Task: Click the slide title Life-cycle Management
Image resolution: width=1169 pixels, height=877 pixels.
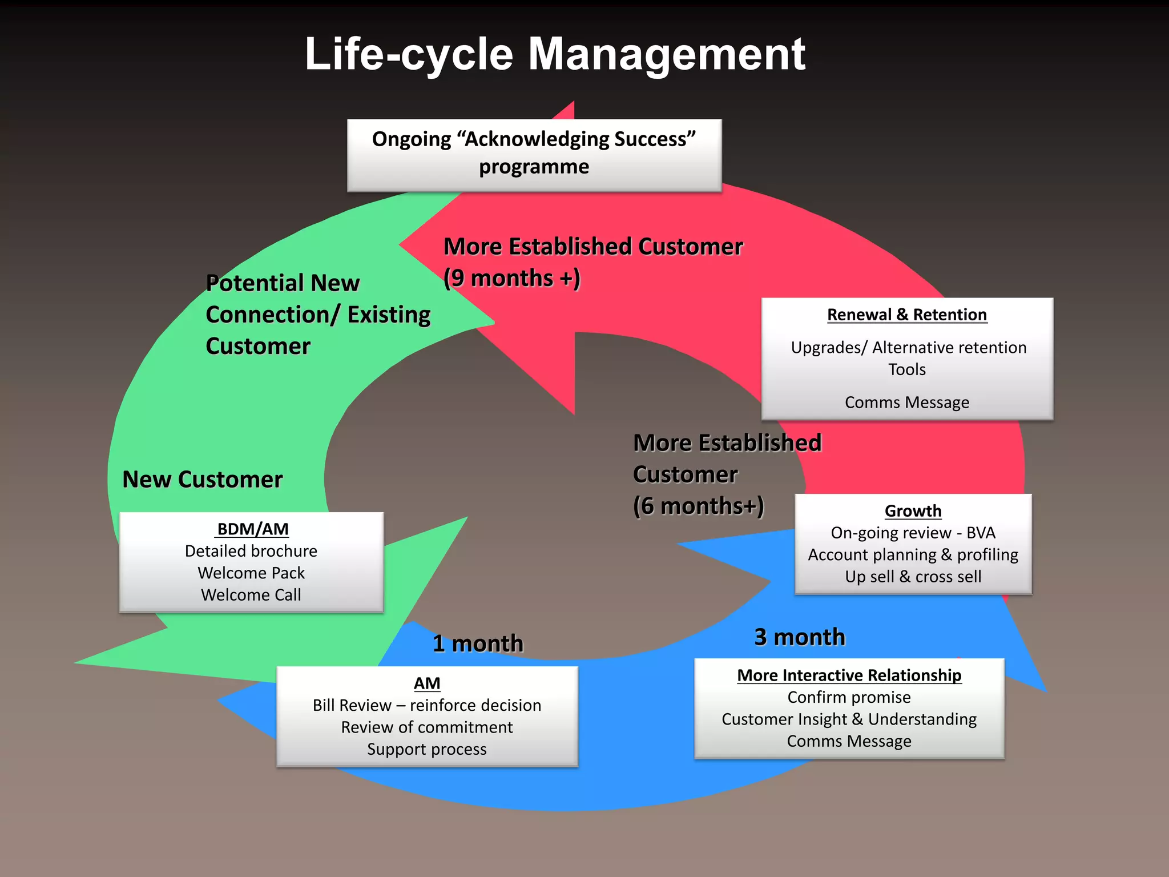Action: point(555,54)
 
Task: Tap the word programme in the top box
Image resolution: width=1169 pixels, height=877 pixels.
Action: point(534,167)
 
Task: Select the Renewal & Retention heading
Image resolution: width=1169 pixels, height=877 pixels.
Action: point(907,315)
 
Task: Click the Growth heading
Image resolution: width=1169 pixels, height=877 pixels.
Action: point(913,511)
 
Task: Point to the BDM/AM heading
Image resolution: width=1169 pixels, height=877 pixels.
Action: point(252,529)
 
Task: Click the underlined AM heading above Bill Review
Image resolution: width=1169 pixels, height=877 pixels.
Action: point(427,683)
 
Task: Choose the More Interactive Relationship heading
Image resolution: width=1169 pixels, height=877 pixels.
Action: point(849,675)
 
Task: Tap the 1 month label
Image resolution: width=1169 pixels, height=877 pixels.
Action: point(478,643)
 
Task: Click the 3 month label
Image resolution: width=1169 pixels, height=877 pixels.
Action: point(800,637)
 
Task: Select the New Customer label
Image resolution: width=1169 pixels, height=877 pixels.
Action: point(203,480)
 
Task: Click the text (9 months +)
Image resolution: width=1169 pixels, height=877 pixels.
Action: point(512,279)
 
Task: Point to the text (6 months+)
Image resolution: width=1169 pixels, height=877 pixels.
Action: point(698,506)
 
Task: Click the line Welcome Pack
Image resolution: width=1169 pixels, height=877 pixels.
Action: point(251,573)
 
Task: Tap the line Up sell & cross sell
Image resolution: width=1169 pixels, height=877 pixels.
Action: point(913,577)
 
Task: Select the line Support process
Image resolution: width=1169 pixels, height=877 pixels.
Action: point(427,749)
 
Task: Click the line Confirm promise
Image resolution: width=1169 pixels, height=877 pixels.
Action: point(849,697)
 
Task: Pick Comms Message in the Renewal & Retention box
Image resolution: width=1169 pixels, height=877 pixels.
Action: point(907,403)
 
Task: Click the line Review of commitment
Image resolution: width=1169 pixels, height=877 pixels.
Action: point(427,727)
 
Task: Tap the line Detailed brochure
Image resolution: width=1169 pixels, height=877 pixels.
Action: point(251,551)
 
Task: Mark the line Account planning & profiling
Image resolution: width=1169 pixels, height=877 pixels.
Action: point(913,555)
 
